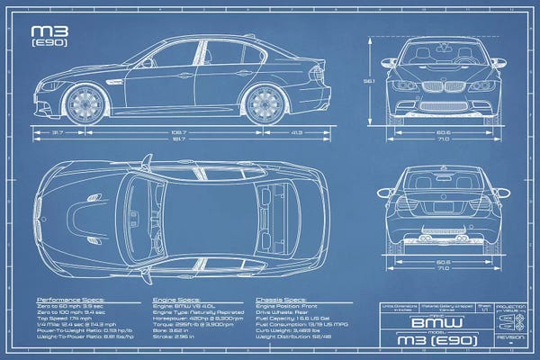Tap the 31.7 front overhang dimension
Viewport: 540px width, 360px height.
coord(58,131)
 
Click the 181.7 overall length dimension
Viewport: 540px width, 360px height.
coord(179,139)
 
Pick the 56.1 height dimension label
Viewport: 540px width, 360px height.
coord(368,81)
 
